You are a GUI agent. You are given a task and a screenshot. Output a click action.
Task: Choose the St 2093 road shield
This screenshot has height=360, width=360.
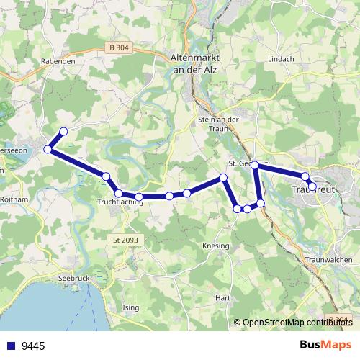point(125,239)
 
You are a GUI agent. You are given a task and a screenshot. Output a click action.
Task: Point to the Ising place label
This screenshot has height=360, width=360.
point(132,307)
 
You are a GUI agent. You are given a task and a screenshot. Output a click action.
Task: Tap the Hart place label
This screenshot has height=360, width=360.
point(222,297)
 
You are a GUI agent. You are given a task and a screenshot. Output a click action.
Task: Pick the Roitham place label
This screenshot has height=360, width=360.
point(14,199)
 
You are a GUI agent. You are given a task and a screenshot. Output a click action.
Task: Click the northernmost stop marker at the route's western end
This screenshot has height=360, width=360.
point(63,131)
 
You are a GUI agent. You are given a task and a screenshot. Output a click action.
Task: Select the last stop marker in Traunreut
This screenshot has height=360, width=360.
point(312,186)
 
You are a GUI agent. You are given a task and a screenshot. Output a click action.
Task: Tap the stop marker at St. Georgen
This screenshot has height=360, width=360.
point(254,165)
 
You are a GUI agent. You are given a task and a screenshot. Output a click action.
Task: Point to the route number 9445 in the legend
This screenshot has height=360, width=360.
point(33,346)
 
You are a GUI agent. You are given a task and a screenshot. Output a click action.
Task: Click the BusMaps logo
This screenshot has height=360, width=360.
point(325,346)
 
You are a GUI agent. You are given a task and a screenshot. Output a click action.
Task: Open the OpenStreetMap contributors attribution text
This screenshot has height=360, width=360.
point(296,322)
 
